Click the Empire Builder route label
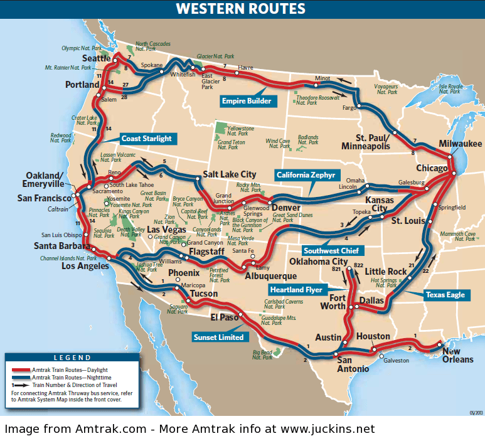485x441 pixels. (247, 100)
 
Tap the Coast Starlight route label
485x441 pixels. (146, 139)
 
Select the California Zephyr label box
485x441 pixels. (306, 174)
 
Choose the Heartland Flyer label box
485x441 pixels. (296, 290)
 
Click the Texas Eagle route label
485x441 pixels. (446, 294)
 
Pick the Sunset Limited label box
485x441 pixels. (218, 337)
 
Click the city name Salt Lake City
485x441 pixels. (229, 174)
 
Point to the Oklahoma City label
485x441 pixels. (318, 262)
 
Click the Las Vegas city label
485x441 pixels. (162, 230)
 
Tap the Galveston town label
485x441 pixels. (396, 361)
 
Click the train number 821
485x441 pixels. (338, 268)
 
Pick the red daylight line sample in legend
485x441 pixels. (21, 370)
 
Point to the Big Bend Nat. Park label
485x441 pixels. (262, 355)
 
